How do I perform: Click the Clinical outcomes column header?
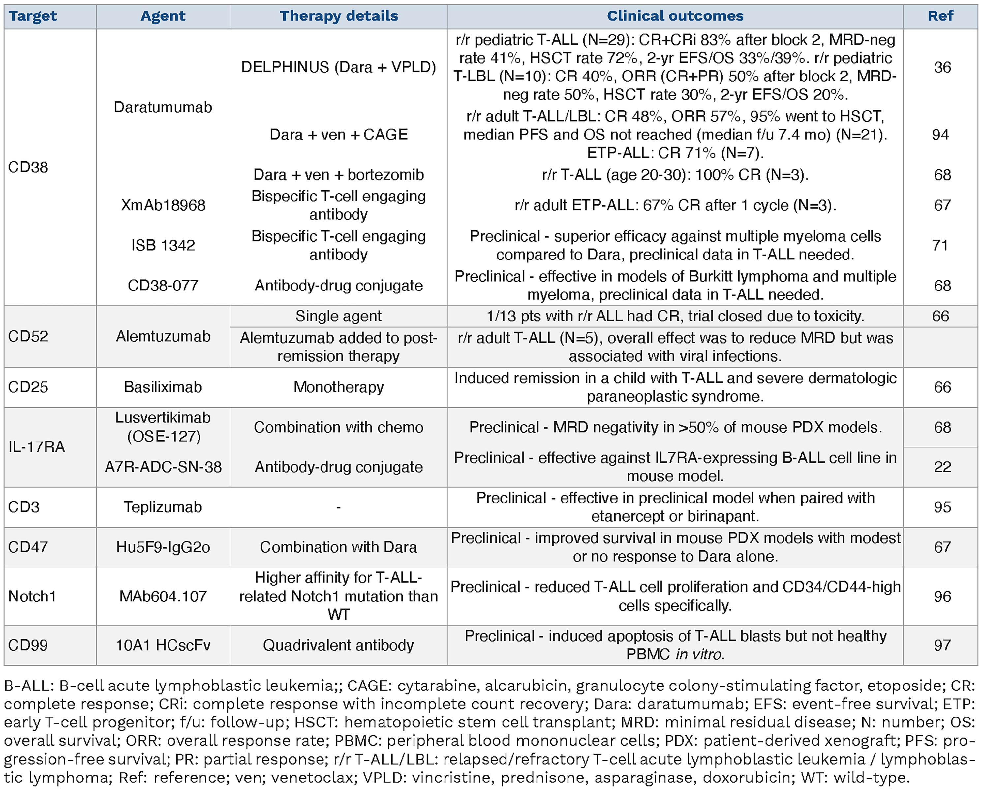675,16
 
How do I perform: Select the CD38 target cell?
28,167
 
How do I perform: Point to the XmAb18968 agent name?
163,205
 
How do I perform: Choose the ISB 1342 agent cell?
163,245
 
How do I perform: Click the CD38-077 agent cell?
163,286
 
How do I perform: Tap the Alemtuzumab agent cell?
163,337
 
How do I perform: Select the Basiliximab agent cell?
163,387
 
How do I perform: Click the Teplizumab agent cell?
163,507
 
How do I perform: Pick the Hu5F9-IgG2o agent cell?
163,547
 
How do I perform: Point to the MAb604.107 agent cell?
163,596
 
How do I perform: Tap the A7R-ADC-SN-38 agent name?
163,467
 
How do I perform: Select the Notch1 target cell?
32,596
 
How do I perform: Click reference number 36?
942,67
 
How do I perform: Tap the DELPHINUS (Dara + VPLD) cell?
338,67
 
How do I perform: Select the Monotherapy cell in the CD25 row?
338,387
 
